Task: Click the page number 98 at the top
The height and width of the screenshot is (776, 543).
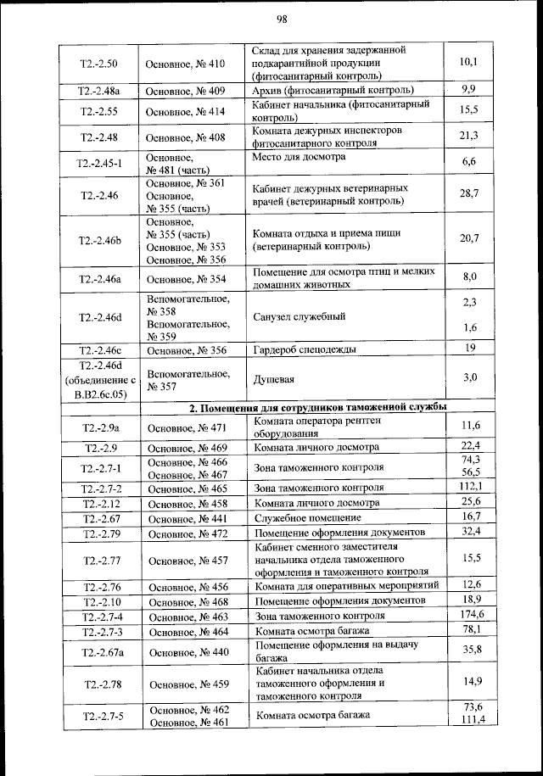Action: point(283,20)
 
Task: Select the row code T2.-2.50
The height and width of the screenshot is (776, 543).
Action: point(98,63)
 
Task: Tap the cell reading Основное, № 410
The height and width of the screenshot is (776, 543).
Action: point(185,64)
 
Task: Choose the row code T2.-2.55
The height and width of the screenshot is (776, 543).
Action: point(98,111)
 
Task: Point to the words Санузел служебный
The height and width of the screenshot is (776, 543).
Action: point(299,315)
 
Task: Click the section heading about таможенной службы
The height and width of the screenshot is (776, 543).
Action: point(317,407)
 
